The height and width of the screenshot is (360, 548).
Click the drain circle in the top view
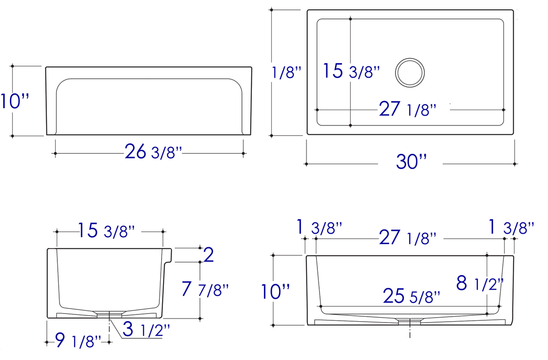tap(409, 59)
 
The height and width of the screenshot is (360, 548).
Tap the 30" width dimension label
tap(411, 162)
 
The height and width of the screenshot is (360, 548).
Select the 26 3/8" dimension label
tap(153, 152)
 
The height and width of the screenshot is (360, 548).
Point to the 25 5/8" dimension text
tap(412, 296)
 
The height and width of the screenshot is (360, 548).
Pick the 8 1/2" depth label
tap(480, 283)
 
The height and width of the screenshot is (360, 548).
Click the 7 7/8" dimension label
tap(205, 289)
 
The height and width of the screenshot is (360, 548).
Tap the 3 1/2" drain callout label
tap(146, 329)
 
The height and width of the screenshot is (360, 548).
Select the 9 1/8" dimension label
tap(78, 340)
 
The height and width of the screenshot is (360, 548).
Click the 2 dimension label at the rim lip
tap(209, 255)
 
